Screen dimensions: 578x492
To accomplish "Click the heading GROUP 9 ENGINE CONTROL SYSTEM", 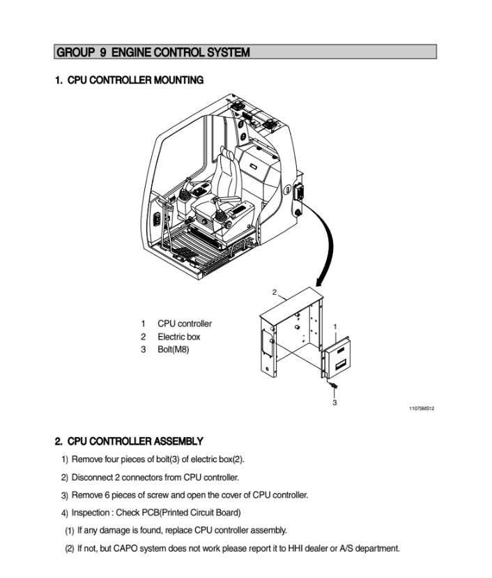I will pos(153,52).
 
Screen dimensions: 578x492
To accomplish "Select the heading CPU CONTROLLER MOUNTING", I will pos(129,81).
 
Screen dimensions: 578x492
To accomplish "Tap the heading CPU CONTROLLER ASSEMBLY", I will pos(129,441).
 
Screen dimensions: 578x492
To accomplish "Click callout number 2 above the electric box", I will pos(275,291).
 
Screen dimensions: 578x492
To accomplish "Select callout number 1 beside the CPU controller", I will pos(335,326).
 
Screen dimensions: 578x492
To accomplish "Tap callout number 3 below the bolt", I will pos(335,403).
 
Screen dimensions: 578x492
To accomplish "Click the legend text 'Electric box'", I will pos(178,337).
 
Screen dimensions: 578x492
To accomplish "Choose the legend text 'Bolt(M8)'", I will pos(173,349).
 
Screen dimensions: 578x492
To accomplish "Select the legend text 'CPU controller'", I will pos(185,324).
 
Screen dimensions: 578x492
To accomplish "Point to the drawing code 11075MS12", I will pos(422,409).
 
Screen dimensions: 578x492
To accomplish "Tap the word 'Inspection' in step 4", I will pos(91,513).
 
